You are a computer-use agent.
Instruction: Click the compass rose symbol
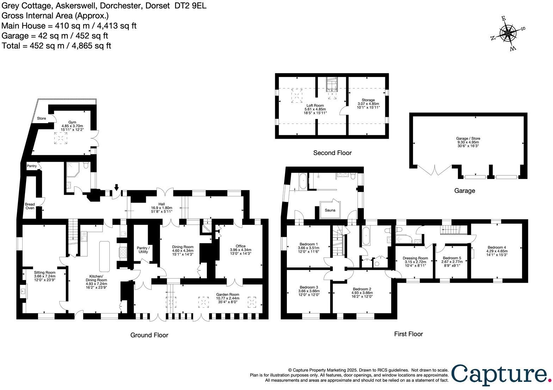(x=508, y=33)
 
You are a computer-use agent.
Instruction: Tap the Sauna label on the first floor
(x=330, y=210)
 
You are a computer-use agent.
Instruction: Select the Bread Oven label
(x=30, y=206)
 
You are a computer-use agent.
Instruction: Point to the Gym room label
(x=72, y=121)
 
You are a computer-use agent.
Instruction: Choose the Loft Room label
(x=315, y=105)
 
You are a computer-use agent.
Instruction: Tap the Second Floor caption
(x=332, y=153)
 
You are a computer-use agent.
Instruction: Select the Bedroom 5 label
(x=452, y=258)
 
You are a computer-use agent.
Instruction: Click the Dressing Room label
(x=415, y=258)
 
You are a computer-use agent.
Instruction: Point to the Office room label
(x=240, y=246)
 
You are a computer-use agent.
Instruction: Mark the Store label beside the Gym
(x=42, y=118)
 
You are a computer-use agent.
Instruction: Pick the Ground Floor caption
(x=149, y=335)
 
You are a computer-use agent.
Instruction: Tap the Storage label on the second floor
(x=368, y=100)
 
